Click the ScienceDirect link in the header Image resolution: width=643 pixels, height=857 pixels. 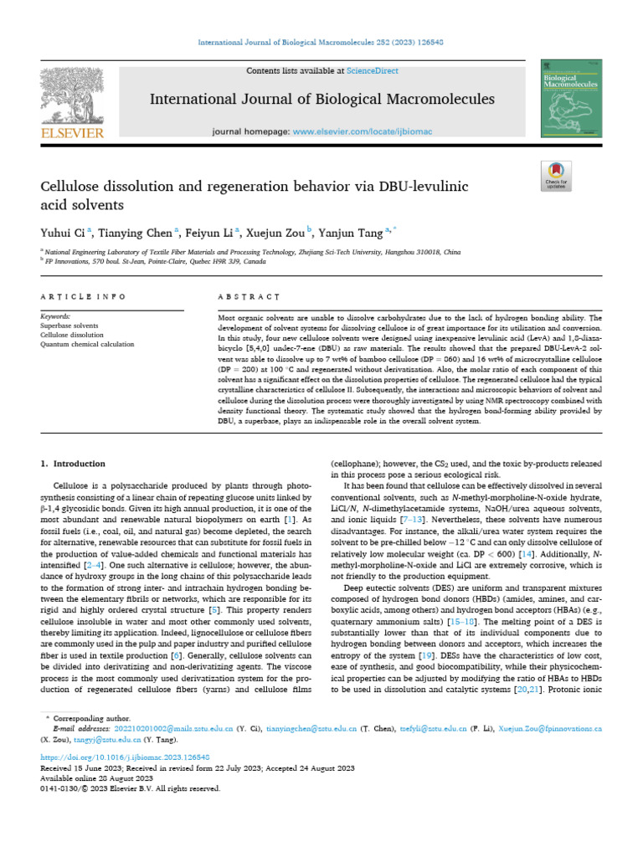[x=374, y=71]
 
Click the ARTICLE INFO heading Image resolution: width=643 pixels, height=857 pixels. [x=83, y=296]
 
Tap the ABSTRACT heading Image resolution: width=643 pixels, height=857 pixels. [x=248, y=296]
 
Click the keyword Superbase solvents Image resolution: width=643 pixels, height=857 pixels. [x=69, y=326]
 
